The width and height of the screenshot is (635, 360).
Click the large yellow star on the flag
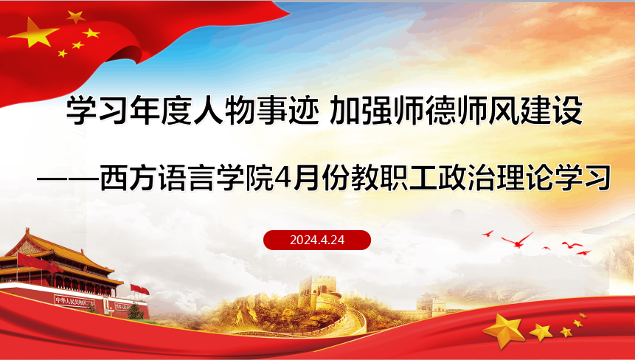pos(32,32)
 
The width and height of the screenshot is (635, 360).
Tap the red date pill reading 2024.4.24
pos(317,240)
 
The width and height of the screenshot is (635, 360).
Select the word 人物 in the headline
pos(209,110)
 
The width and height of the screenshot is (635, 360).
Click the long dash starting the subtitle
pos(69,179)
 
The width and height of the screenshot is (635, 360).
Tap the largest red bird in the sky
pos(517,240)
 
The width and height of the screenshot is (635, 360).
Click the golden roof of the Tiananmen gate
pos(60,253)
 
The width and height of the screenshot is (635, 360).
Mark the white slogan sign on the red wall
pos(74,301)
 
